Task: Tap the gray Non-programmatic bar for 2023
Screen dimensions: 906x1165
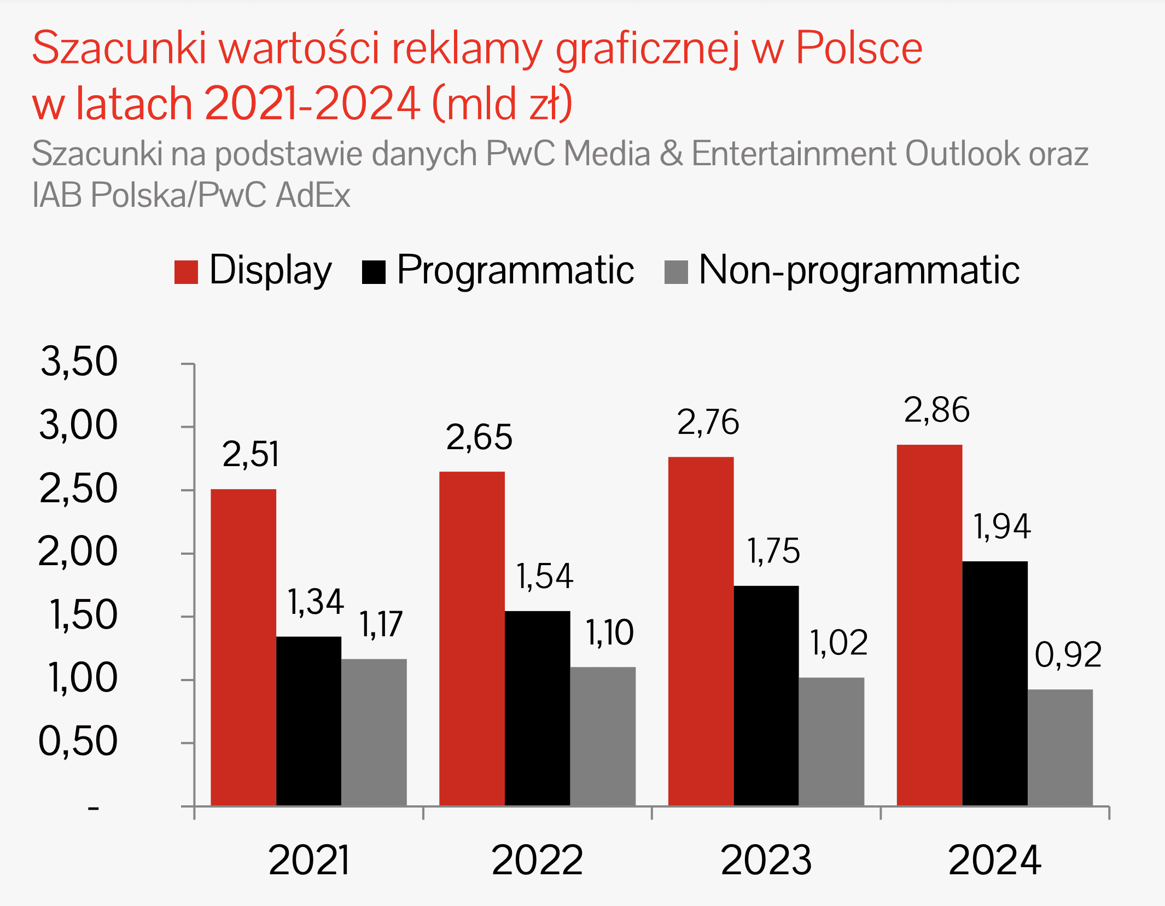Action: (x=831, y=741)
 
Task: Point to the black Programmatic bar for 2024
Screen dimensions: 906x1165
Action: (x=995, y=683)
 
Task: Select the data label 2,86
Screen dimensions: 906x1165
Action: (x=936, y=410)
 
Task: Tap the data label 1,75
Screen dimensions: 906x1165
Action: (x=773, y=550)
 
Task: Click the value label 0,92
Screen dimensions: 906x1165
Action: (x=1068, y=654)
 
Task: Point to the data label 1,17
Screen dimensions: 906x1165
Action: (x=381, y=624)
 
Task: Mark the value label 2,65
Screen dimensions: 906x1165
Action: (x=479, y=437)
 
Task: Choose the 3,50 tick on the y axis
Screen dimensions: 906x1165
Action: (x=79, y=362)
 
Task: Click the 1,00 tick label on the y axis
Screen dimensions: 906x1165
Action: (x=83, y=678)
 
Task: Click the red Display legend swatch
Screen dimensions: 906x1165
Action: (x=186, y=272)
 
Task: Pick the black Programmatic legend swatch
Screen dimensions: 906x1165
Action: (x=374, y=272)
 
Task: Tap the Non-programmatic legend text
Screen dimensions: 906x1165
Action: (x=859, y=270)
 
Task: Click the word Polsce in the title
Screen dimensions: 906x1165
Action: (x=859, y=48)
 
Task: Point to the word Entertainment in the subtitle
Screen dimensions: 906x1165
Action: (x=794, y=153)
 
